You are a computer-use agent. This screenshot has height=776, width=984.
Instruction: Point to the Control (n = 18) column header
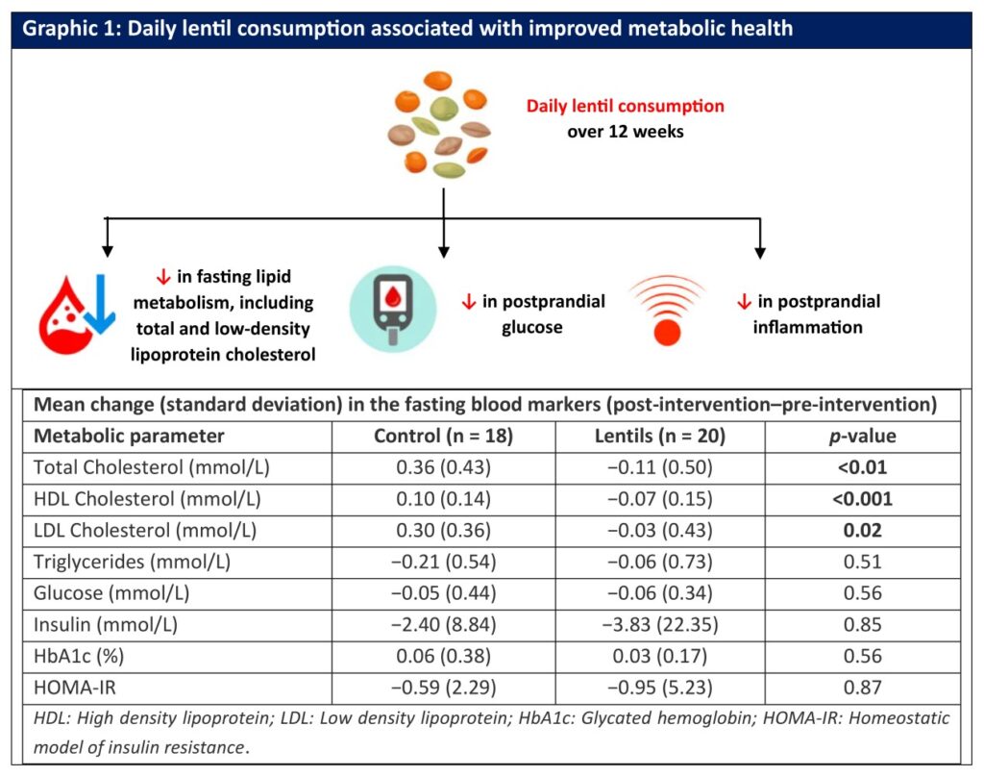(443, 436)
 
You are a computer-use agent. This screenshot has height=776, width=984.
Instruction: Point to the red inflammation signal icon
(666, 312)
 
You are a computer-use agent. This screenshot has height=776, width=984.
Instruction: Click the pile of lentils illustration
(441, 124)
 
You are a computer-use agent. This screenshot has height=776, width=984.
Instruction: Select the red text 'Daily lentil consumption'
(625, 105)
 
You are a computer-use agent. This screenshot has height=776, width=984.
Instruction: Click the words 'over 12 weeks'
(625, 131)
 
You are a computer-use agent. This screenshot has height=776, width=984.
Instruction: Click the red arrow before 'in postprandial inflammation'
(743, 302)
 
